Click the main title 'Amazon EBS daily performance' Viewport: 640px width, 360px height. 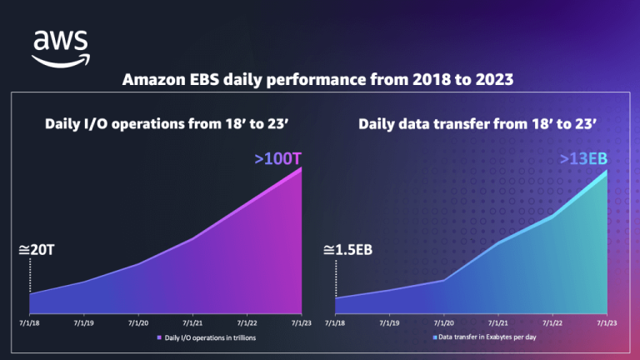pos(320,81)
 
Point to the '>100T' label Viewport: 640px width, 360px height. pos(274,157)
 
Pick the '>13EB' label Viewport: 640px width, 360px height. pos(582,159)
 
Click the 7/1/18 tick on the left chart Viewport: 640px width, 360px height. pos(29,322)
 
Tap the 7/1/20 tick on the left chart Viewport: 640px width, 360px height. pos(138,322)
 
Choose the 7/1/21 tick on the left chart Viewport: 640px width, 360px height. pos(192,322)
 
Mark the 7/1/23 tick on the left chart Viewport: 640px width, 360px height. pos(301,322)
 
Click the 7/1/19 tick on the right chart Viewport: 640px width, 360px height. pos(389,322)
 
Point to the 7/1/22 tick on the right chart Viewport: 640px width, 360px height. pos(552,322)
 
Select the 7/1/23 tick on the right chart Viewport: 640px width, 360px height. pos(607,322)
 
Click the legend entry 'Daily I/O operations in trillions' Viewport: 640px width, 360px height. pos(210,337)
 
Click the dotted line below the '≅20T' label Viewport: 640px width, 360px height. pos(30,275)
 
